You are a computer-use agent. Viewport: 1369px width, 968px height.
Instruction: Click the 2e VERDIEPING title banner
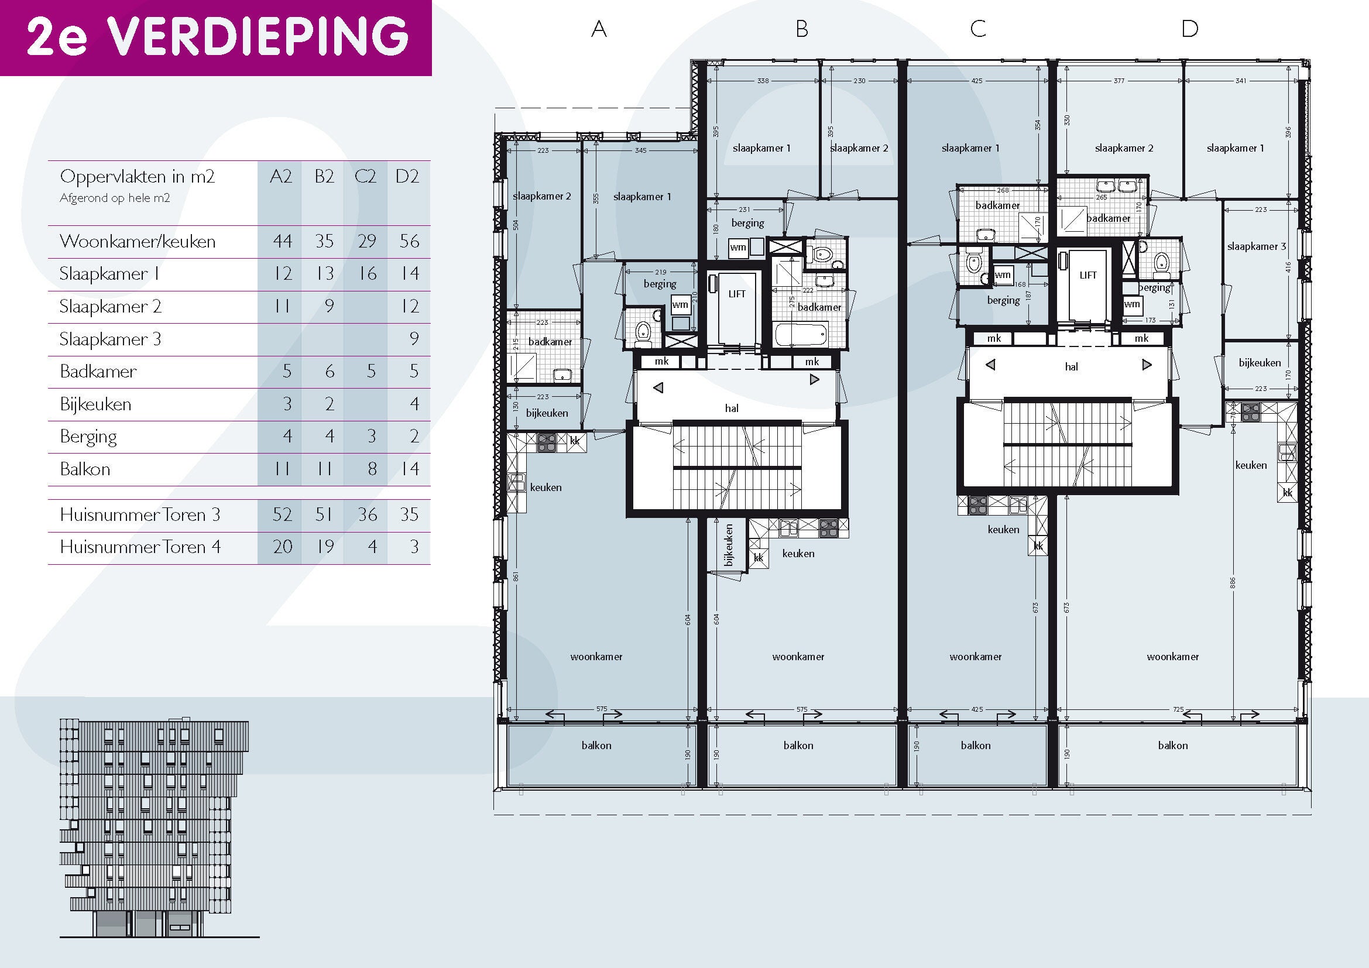215,37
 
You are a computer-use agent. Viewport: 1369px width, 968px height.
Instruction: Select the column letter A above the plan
599,29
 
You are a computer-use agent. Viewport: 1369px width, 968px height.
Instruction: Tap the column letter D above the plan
1189,29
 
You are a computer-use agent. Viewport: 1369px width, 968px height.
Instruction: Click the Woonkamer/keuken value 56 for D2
409,241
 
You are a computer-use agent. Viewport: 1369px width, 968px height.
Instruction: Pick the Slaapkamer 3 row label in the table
110,339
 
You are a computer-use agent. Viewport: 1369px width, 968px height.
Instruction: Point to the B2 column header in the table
324,176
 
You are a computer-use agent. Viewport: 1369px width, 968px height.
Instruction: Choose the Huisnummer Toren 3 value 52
282,514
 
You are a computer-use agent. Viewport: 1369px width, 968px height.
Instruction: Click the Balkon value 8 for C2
372,469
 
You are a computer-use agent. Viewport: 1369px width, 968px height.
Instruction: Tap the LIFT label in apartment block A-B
737,294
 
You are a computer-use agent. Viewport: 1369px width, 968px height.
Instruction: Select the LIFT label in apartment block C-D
1088,275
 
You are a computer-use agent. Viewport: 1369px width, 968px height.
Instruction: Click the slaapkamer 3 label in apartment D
1256,246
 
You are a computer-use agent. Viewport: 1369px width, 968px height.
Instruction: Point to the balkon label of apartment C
976,746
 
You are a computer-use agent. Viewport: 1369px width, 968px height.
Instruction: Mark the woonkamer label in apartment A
596,657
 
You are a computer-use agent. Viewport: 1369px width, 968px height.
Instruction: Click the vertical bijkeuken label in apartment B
728,545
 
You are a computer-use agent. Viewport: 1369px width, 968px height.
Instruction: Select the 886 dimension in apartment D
1233,582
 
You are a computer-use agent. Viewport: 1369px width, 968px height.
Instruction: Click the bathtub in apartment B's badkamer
802,334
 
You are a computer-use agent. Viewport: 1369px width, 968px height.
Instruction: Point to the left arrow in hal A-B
658,388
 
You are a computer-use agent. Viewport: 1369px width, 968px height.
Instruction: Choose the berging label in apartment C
1004,300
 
